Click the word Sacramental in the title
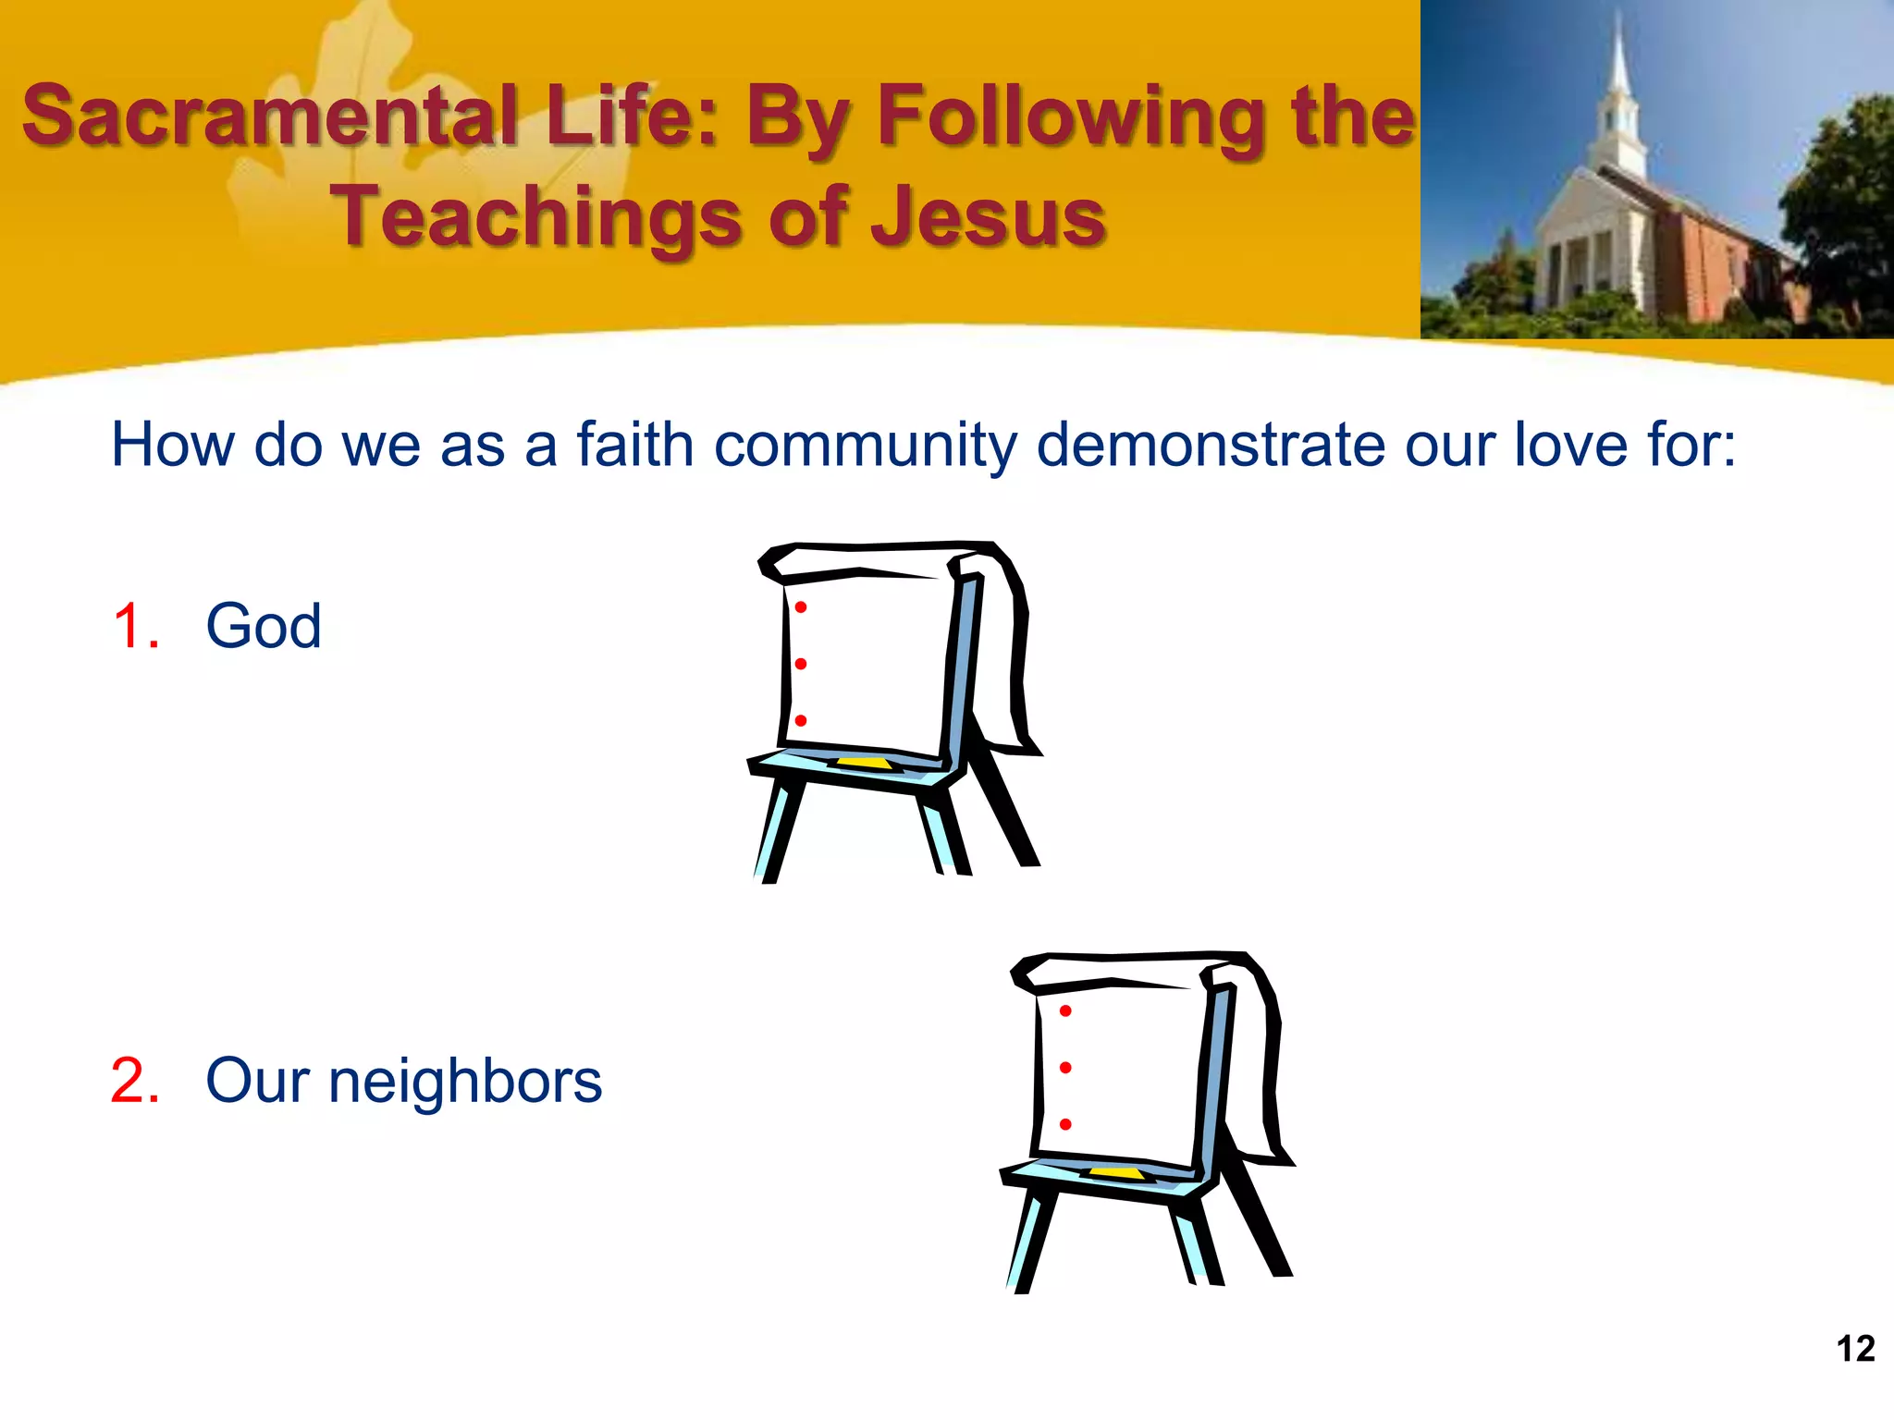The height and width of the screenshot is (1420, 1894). coord(269,116)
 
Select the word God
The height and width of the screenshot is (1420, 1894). coord(264,626)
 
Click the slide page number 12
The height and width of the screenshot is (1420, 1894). coord(1855,1349)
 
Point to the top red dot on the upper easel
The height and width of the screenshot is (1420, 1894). coord(801,607)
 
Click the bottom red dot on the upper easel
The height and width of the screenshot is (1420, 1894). coord(801,720)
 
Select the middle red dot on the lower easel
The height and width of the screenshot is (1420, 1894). coord(1065,1068)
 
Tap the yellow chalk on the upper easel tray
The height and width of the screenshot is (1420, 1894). coord(865,763)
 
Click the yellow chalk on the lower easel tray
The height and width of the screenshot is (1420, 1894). coord(1117,1173)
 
